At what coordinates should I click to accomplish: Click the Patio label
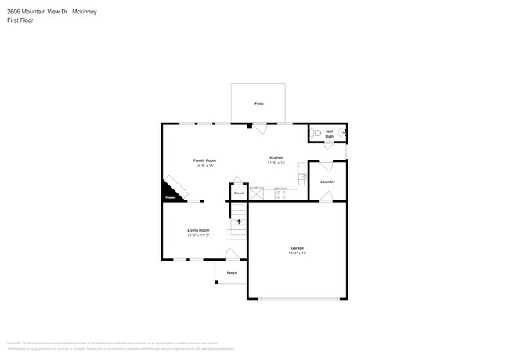click(258, 103)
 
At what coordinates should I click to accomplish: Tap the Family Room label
click(205, 160)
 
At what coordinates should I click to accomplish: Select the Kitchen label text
click(276, 157)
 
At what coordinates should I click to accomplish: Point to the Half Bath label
click(330, 134)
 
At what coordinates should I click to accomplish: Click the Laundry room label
click(327, 182)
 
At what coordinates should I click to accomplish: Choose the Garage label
click(298, 248)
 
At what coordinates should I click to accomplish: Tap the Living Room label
click(198, 230)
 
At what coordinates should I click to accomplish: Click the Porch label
click(233, 272)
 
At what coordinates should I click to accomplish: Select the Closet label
click(239, 193)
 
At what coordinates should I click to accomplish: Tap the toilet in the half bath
click(317, 133)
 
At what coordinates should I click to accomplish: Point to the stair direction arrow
click(239, 221)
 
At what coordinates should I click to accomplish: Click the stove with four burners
click(281, 193)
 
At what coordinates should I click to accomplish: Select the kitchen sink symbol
click(301, 179)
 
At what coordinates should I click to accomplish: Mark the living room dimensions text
click(198, 235)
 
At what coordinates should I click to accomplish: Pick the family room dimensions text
click(205, 166)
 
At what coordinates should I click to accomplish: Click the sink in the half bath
click(343, 134)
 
